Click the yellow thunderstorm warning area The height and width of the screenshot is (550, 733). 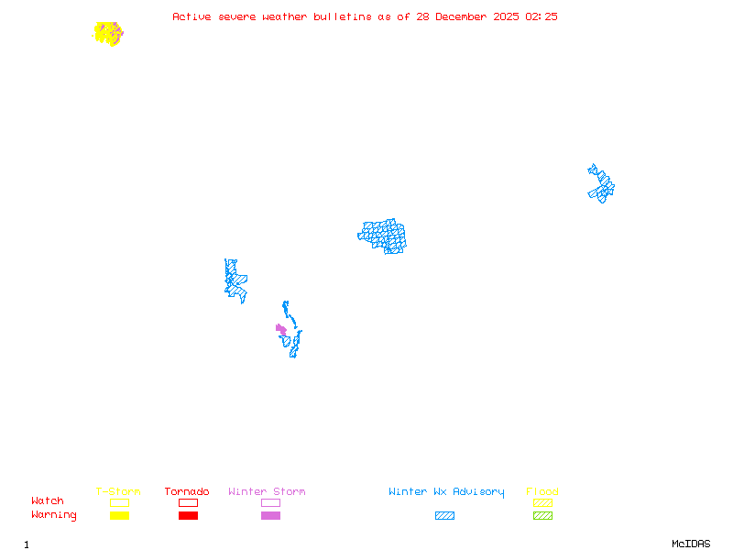click(107, 33)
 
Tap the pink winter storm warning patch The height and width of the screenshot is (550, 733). click(280, 329)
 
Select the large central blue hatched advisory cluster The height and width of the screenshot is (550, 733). click(383, 236)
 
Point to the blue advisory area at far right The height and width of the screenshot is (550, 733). click(601, 183)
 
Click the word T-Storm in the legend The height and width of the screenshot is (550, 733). click(118, 492)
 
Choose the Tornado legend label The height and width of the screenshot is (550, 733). click(187, 492)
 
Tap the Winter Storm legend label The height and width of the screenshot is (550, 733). click(267, 492)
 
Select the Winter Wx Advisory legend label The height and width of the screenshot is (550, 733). click(446, 492)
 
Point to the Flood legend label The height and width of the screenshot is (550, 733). click(542, 492)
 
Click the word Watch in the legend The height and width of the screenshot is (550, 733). click(48, 501)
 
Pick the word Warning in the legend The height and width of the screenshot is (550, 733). click(54, 515)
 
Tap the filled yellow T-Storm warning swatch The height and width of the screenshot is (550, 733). click(119, 516)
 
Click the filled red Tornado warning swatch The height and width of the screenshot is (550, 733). click(188, 516)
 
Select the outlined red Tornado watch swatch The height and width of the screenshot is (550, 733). click(188, 502)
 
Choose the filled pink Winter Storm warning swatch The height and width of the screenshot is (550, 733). click(270, 516)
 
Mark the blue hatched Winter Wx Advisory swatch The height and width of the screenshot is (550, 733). click(444, 516)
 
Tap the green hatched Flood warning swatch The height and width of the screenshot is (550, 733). click(542, 516)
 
